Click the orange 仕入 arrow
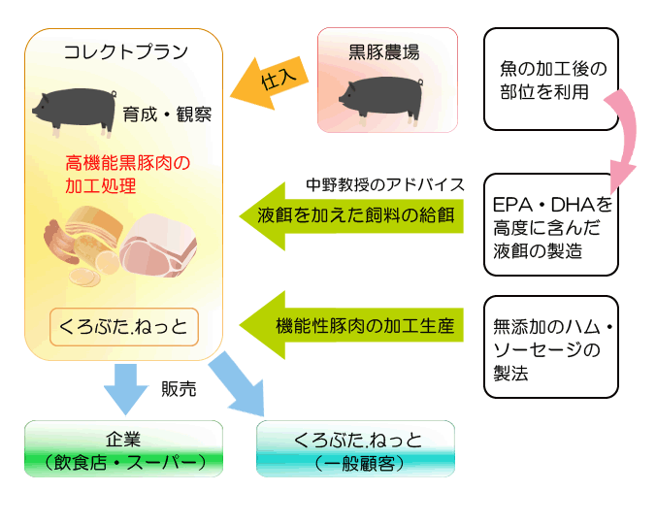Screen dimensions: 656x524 tap(270, 82)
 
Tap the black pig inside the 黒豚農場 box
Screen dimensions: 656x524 tap(380, 100)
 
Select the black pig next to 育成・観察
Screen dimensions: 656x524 tap(74, 112)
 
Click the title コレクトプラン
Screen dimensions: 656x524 tap(126, 52)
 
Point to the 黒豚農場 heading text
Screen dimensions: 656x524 tap(384, 52)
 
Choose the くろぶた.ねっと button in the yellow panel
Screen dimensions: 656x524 tap(124, 327)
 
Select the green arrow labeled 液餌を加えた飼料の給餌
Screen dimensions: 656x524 tap(351, 216)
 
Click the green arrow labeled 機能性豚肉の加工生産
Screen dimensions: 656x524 tap(351, 325)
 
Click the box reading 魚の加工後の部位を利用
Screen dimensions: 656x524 tap(551, 79)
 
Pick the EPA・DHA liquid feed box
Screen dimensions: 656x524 tap(551, 224)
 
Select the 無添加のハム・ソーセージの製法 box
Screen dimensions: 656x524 tap(551, 347)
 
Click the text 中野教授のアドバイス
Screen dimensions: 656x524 tap(385, 184)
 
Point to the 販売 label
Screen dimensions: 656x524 tap(179, 389)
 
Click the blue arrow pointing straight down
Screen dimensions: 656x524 tap(126, 389)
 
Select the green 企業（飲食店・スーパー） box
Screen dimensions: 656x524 tap(124, 448)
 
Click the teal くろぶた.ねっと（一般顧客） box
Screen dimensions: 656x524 tap(355, 448)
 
